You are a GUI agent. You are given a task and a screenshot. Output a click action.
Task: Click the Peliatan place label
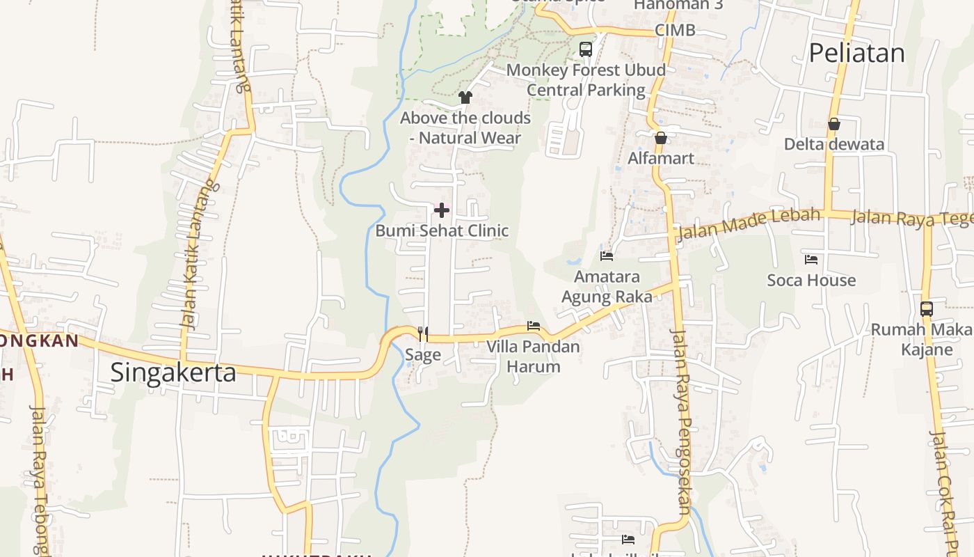click(x=856, y=54)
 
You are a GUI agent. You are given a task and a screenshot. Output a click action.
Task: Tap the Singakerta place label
click(x=173, y=372)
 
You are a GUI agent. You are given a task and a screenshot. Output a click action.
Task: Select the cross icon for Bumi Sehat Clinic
click(x=442, y=210)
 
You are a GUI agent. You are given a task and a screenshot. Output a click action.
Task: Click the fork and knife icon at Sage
click(x=422, y=334)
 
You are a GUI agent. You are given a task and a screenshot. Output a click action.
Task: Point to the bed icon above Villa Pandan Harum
click(x=534, y=326)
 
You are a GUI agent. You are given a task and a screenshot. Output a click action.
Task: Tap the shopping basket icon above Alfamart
click(x=661, y=137)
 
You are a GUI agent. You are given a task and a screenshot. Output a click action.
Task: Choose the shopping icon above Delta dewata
click(x=833, y=124)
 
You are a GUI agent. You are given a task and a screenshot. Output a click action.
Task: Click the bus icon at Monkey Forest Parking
click(x=586, y=49)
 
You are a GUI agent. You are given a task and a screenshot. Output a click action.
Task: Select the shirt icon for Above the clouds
click(x=465, y=97)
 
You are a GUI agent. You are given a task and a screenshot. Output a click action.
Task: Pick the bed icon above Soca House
click(x=811, y=260)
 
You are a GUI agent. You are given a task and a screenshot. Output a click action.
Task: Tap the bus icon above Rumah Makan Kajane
click(x=927, y=308)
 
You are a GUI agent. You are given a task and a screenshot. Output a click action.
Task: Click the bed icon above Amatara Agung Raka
click(x=607, y=256)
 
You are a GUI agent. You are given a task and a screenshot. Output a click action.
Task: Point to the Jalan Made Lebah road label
click(x=749, y=222)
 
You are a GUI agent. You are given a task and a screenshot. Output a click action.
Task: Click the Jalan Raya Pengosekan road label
click(x=680, y=421)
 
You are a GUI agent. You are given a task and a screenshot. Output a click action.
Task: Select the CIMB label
click(x=675, y=30)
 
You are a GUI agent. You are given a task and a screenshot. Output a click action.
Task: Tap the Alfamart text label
click(x=661, y=158)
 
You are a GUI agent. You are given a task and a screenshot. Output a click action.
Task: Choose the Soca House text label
click(x=811, y=280)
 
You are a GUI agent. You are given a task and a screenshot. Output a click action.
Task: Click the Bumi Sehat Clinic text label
click(x=442, y=230)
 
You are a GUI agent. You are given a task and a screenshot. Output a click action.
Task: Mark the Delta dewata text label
click(x=833, y=144)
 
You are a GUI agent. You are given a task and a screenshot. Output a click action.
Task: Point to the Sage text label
click(x=423, y=354)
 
